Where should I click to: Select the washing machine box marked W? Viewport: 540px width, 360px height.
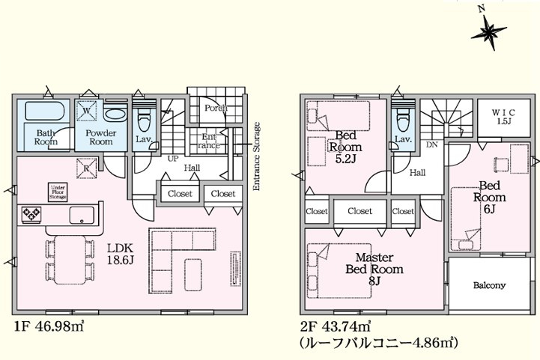click(87, 111)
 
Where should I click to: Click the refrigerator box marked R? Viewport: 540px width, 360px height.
click(87, 168)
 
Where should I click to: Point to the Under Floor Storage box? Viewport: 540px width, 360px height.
click(58, 192)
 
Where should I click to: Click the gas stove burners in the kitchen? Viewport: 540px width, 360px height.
click(31, 214)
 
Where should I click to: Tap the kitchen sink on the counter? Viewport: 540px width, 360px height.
click(82, 216)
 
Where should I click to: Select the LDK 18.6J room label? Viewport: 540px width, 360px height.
click(120, 254)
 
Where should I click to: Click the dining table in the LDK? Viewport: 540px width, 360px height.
click(70, 260)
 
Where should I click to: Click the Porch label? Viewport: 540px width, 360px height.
click(216, 108)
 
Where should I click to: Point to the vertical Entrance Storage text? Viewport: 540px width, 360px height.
click(257, 156)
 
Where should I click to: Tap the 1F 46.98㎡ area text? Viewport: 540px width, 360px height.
click(49, 326)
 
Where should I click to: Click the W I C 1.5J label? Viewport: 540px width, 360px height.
click(503, 117)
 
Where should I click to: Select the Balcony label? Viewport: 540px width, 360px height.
click(489, 285)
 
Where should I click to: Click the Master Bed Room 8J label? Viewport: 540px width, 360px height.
click(374, 269)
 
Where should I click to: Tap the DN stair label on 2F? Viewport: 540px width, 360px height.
click(432, 145)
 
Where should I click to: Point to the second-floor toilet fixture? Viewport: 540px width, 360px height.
click(403, 119)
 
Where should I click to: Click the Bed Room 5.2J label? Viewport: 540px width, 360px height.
click(345, 147)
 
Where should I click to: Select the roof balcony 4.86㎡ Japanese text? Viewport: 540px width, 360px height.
click(379, 343)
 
